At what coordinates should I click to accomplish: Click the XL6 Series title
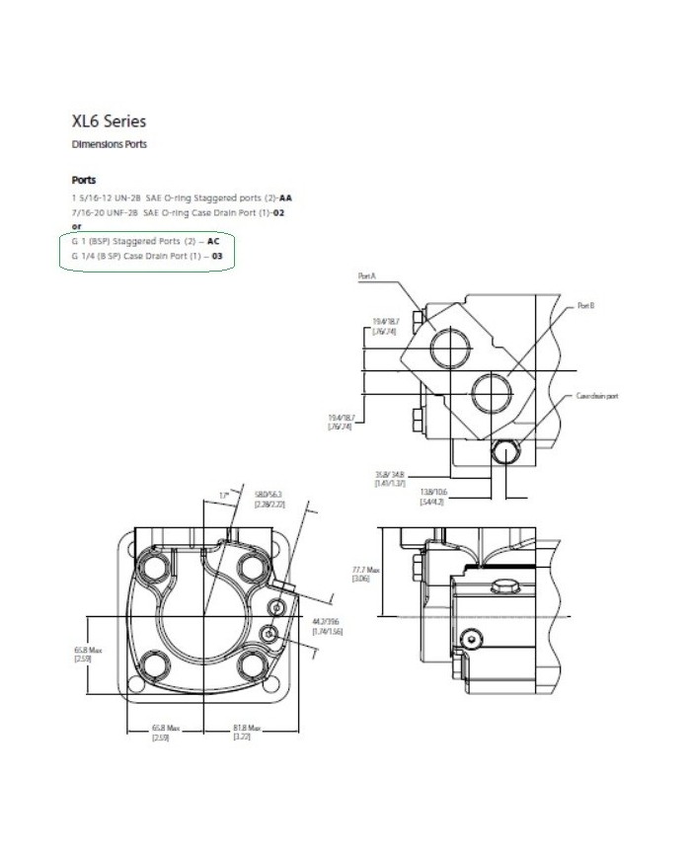[109, 121]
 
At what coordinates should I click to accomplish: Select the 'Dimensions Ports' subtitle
[109, 144]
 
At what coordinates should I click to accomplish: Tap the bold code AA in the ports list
[286, 197]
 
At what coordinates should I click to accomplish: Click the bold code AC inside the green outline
[212, 241]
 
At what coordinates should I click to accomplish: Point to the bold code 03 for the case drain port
[204, 256]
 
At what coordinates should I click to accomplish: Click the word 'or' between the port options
[76, 226]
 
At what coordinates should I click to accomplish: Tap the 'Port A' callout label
[367, 277]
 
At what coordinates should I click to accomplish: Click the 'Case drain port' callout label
[598, 395]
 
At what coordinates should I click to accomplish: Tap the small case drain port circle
[507, 453]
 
